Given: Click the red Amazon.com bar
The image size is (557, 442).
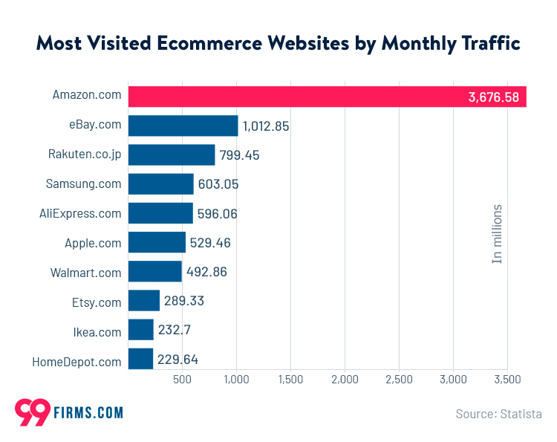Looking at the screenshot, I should [327, 97].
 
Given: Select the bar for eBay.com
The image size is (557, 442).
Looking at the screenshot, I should [183, 126].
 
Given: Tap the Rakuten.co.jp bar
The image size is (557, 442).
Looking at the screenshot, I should [172, 155].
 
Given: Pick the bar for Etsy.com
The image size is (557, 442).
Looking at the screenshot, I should [144, 301].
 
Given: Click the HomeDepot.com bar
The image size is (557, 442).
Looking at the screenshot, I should [140, 360].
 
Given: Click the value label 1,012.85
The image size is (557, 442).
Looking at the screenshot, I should [266, 126].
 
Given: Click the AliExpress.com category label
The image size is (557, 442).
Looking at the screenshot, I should [80, 214].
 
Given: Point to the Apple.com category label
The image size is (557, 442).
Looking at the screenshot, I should [93, 243].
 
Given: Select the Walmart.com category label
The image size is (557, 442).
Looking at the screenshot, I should [86, 273].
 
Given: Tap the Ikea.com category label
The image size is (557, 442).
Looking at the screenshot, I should [97, 331].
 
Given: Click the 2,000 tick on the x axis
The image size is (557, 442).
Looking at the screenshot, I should [345, 380].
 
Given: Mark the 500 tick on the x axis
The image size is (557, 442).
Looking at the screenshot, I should [183, 380].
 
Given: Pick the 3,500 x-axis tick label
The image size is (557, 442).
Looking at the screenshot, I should [507, 380].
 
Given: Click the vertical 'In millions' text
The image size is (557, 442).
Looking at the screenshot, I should [498, 233].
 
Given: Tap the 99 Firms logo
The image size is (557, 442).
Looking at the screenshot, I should [68, 412].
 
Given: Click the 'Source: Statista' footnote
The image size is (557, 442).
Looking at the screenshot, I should [498, 414].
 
